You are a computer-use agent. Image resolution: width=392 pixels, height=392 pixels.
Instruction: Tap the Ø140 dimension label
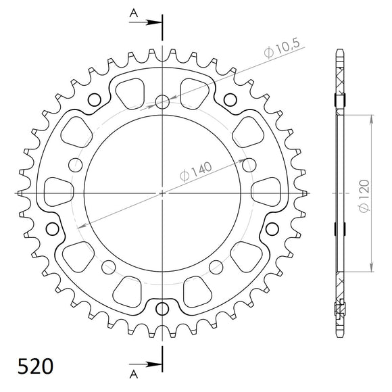pos(196,171)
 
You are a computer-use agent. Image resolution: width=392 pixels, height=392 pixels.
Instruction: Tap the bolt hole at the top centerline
pos(162,102)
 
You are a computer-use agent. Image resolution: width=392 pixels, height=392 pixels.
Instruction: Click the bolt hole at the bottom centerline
pos(162,310)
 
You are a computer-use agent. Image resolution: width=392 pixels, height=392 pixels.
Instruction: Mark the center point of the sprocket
pos(162,193)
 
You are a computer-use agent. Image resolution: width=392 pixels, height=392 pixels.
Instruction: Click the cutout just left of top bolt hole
pos(129,89)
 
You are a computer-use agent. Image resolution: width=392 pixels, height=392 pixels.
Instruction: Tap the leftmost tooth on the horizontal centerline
pos(22,195)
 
